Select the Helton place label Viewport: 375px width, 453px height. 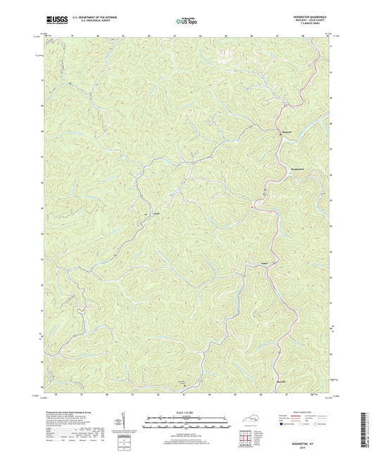(255, 266)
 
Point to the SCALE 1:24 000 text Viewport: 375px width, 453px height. (186, 411)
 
